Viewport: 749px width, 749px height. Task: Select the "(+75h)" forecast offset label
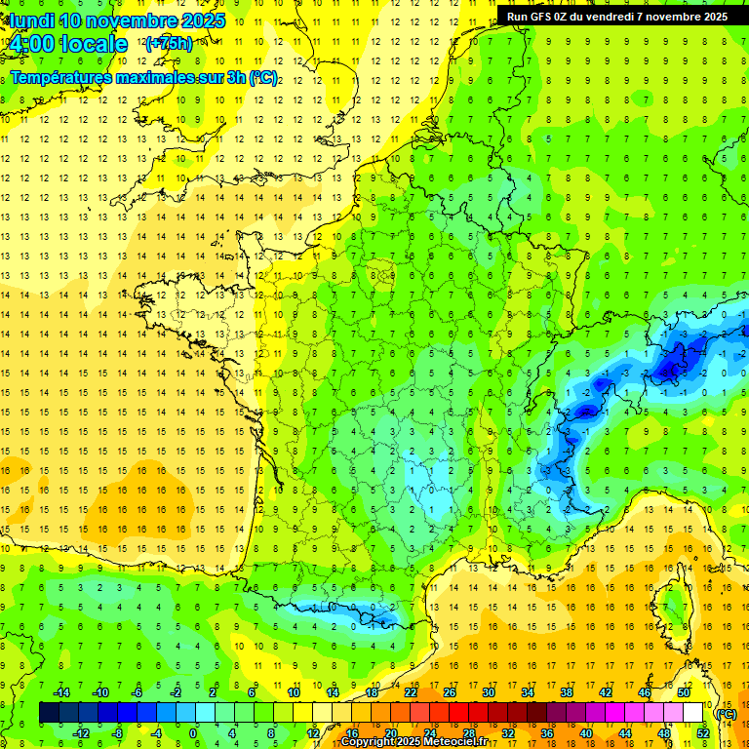point(169,44)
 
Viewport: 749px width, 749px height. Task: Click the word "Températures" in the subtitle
point(59,77)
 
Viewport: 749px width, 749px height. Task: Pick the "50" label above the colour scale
point(684,692)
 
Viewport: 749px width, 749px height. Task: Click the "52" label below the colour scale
point(703,733)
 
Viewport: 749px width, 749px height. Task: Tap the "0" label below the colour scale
point(193,733)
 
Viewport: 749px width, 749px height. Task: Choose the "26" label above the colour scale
point(450,692)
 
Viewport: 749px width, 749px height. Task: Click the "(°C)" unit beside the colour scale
point(726,713)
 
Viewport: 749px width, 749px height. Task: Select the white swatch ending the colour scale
point(693,713)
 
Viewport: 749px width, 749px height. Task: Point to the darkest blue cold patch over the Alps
point(670,368)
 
